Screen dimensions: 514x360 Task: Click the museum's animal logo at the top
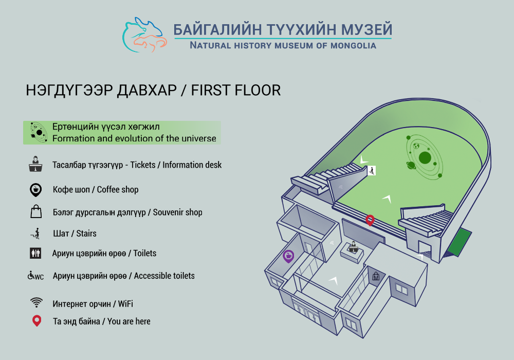coord(144,35)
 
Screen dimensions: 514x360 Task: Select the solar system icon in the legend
coord(39,133)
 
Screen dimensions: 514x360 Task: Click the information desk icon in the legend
coord(35,164)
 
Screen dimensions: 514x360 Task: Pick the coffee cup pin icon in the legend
coord(36,190)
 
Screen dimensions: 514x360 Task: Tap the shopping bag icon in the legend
coord(36,211)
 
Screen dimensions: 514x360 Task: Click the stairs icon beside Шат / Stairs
coord(35,233)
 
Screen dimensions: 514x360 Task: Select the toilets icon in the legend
coord(35,253)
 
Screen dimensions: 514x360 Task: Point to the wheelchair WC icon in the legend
coord(35,276)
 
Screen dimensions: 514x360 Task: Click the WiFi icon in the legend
coord(36,302)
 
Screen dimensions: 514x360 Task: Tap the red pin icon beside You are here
coord(36,321)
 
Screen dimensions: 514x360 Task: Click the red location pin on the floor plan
coord(370,220)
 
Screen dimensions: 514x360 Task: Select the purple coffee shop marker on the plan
coord(288,256)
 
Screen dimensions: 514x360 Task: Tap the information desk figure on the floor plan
coord(353,247)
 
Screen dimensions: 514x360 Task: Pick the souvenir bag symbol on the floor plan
coord(376,276)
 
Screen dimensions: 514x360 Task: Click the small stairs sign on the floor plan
coord(372,171)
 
